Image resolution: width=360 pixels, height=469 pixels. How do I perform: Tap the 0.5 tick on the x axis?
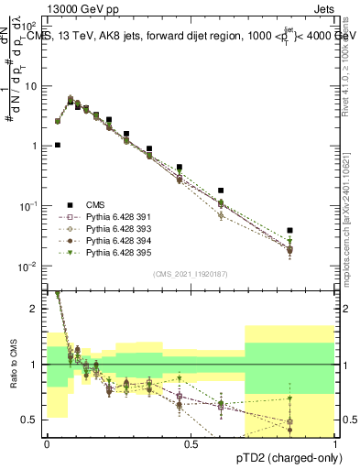[x=191, y=445]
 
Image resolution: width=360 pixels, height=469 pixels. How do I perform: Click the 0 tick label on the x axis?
[x=47, y=445]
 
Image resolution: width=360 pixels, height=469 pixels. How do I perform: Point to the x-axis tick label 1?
[x=335, y=445]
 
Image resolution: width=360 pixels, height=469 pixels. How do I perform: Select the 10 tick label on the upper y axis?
[x=31, y=86]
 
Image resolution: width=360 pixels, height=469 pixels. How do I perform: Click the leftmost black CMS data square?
[x=58, y=145]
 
